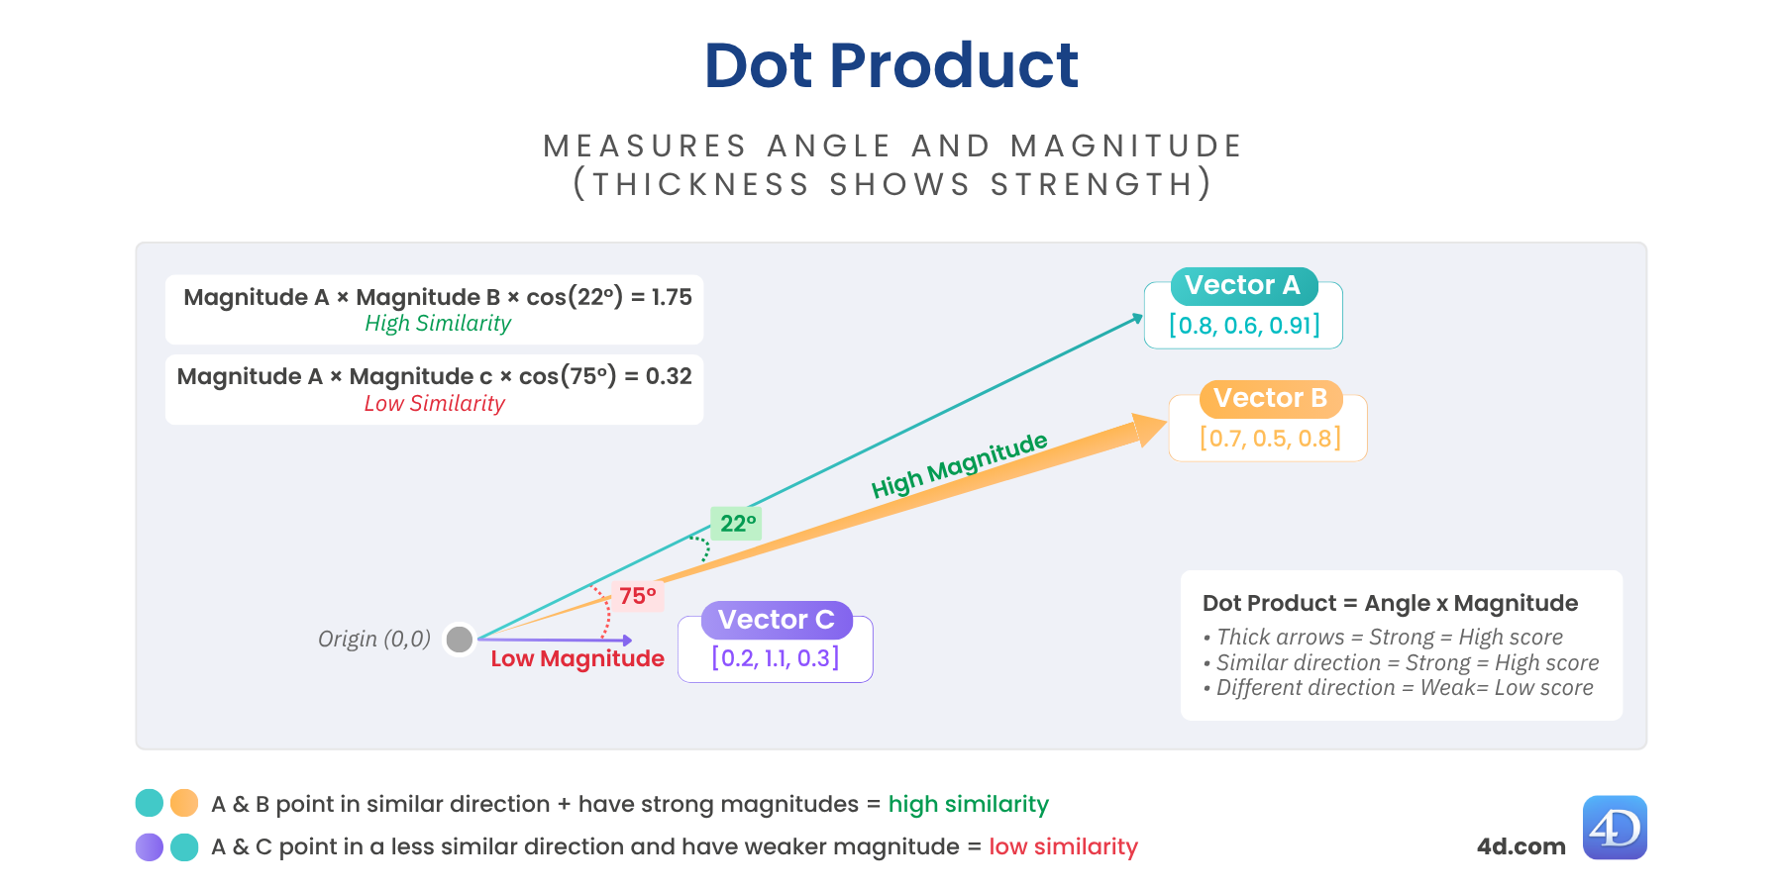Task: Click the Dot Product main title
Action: coord(891,66)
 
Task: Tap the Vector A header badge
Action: coord(1243,286)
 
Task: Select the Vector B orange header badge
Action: coord(1270,399)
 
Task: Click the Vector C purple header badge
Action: coord(776,620)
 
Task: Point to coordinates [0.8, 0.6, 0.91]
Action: coord(1244,326)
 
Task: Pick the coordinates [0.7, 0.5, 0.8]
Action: coord(1270,439)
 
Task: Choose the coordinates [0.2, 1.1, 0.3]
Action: coord(776,658)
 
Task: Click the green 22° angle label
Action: coord(737,524)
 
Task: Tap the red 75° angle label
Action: coord(637,596)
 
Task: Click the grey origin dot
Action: coord(460,640)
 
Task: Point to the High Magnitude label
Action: coord(959,465)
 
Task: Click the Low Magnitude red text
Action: coord(577,659)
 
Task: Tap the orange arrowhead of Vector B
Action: coord(1149,429)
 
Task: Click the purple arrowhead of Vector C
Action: coord(626,641)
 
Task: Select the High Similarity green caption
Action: coord(438,324)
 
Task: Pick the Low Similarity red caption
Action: coord(434,404)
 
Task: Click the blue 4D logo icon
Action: coord(1615,828)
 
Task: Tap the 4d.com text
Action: coord(1521,847)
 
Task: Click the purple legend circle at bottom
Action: coord(150,847)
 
